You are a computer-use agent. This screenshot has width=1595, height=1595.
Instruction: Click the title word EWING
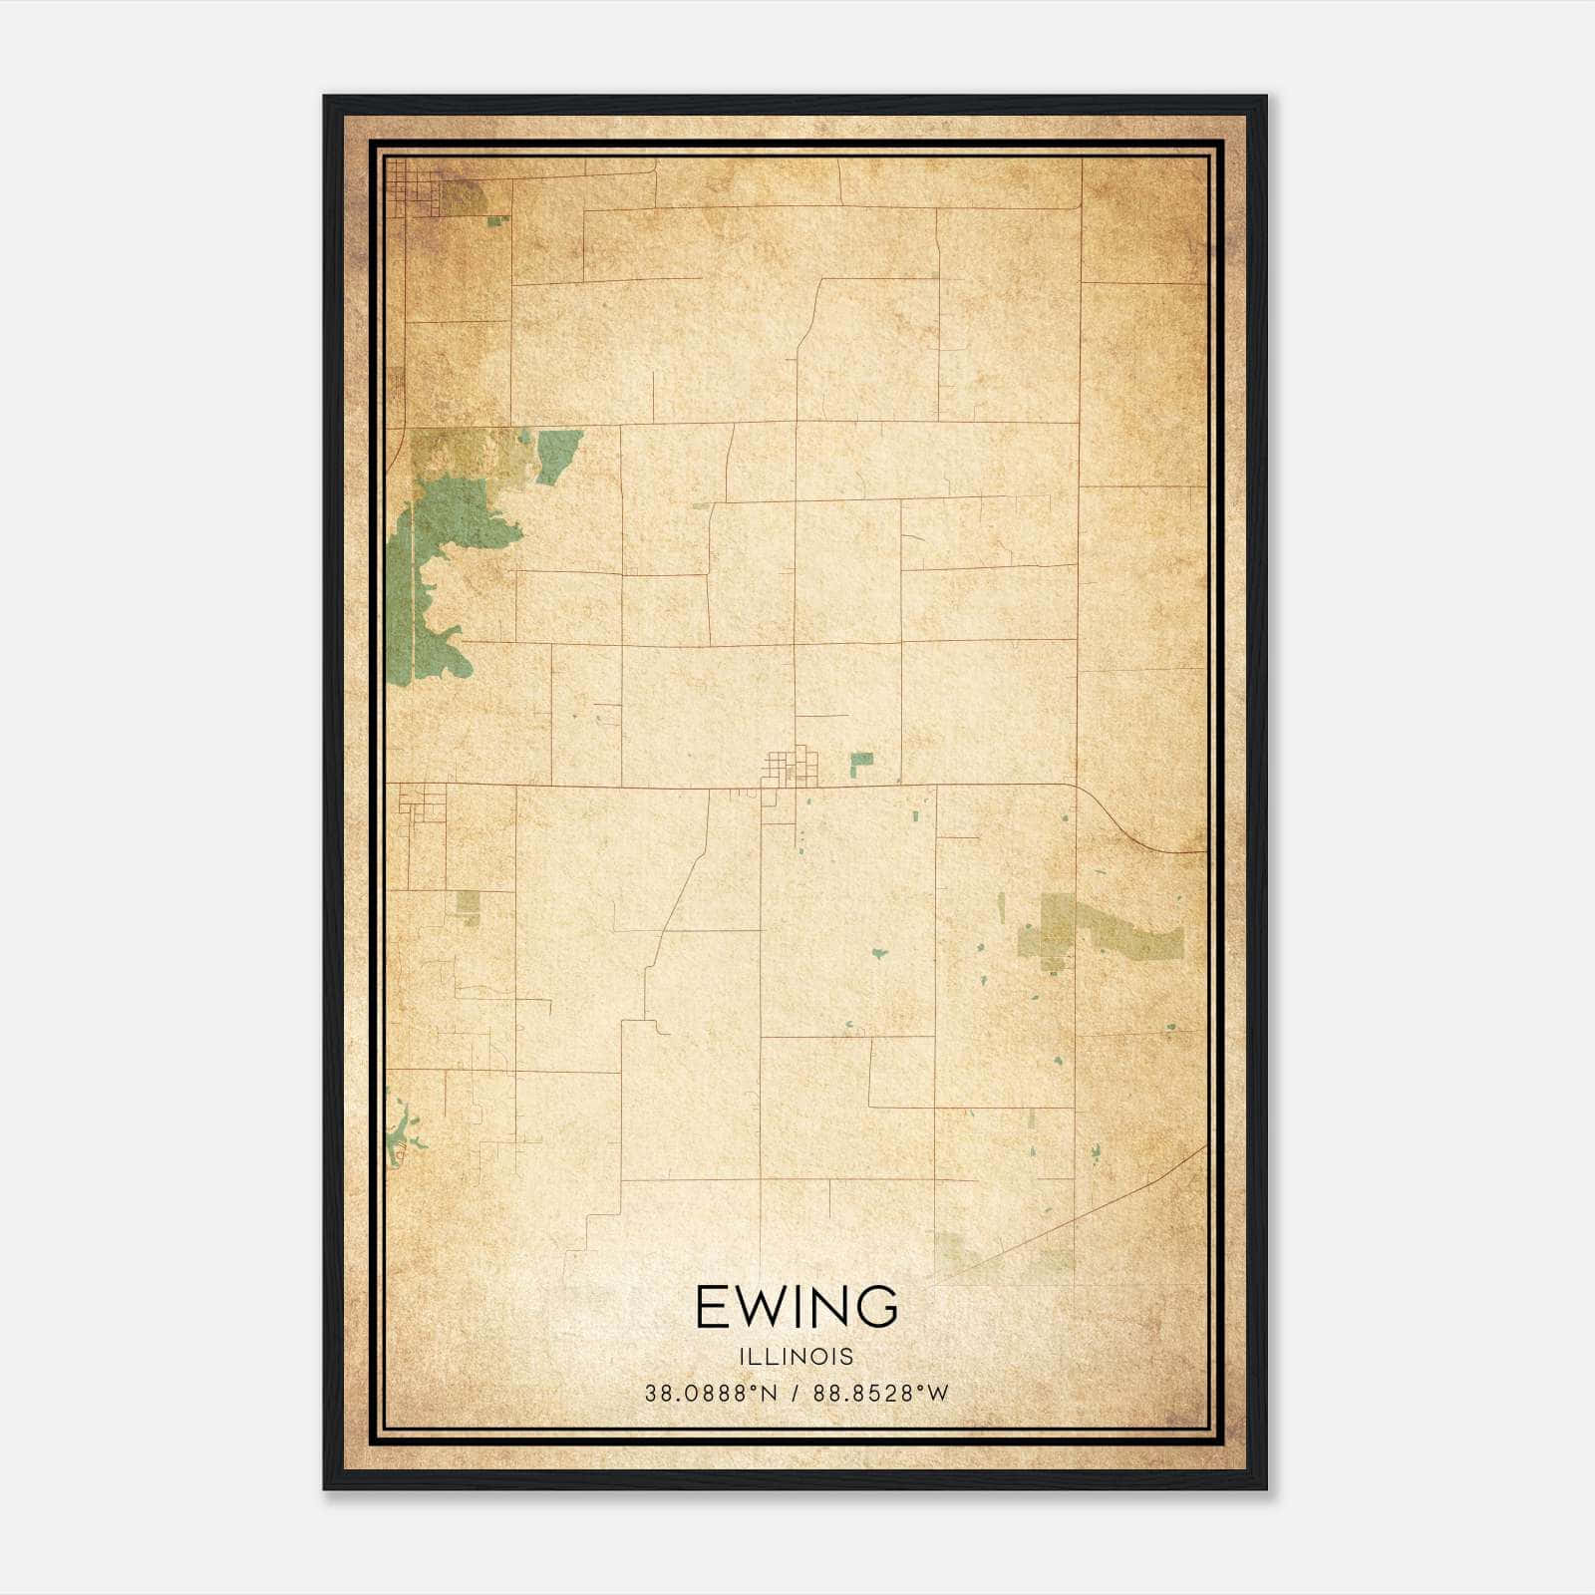[797, 1308]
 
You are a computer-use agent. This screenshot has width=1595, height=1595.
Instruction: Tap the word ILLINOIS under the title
[797, 1357]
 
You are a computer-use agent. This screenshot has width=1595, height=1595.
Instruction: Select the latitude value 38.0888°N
[710, 1394]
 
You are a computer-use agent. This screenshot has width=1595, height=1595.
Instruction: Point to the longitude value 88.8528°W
[881, 1394]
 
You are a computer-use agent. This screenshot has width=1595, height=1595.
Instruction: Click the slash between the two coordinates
[796, 1394]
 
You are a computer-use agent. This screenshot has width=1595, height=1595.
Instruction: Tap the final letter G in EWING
[878, 1308]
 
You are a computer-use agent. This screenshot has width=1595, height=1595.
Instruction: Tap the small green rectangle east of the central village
[861, 765]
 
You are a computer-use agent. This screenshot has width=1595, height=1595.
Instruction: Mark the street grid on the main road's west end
[421, 802]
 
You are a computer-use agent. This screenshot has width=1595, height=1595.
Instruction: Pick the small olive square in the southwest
[468, 904]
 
